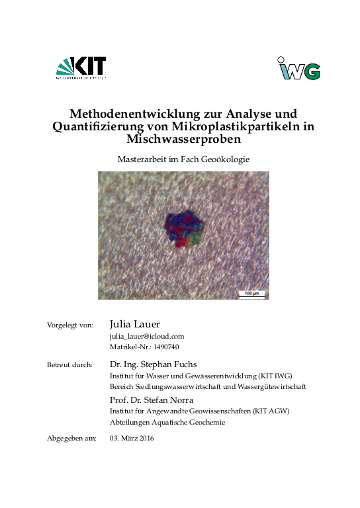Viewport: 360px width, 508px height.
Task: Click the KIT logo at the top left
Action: tap(81, 68)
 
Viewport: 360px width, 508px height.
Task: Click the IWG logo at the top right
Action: tap(298, 68)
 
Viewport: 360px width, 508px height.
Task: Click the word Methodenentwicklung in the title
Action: tap(126, 113)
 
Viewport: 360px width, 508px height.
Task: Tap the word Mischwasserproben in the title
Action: tap(180, 140)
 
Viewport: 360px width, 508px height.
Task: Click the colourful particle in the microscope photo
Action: tap(183, 230)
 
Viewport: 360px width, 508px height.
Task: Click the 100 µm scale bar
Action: tap(251, 293)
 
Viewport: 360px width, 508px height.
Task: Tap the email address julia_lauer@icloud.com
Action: tap(146, 337)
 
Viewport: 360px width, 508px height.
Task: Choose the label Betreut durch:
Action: tap(69, 364)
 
